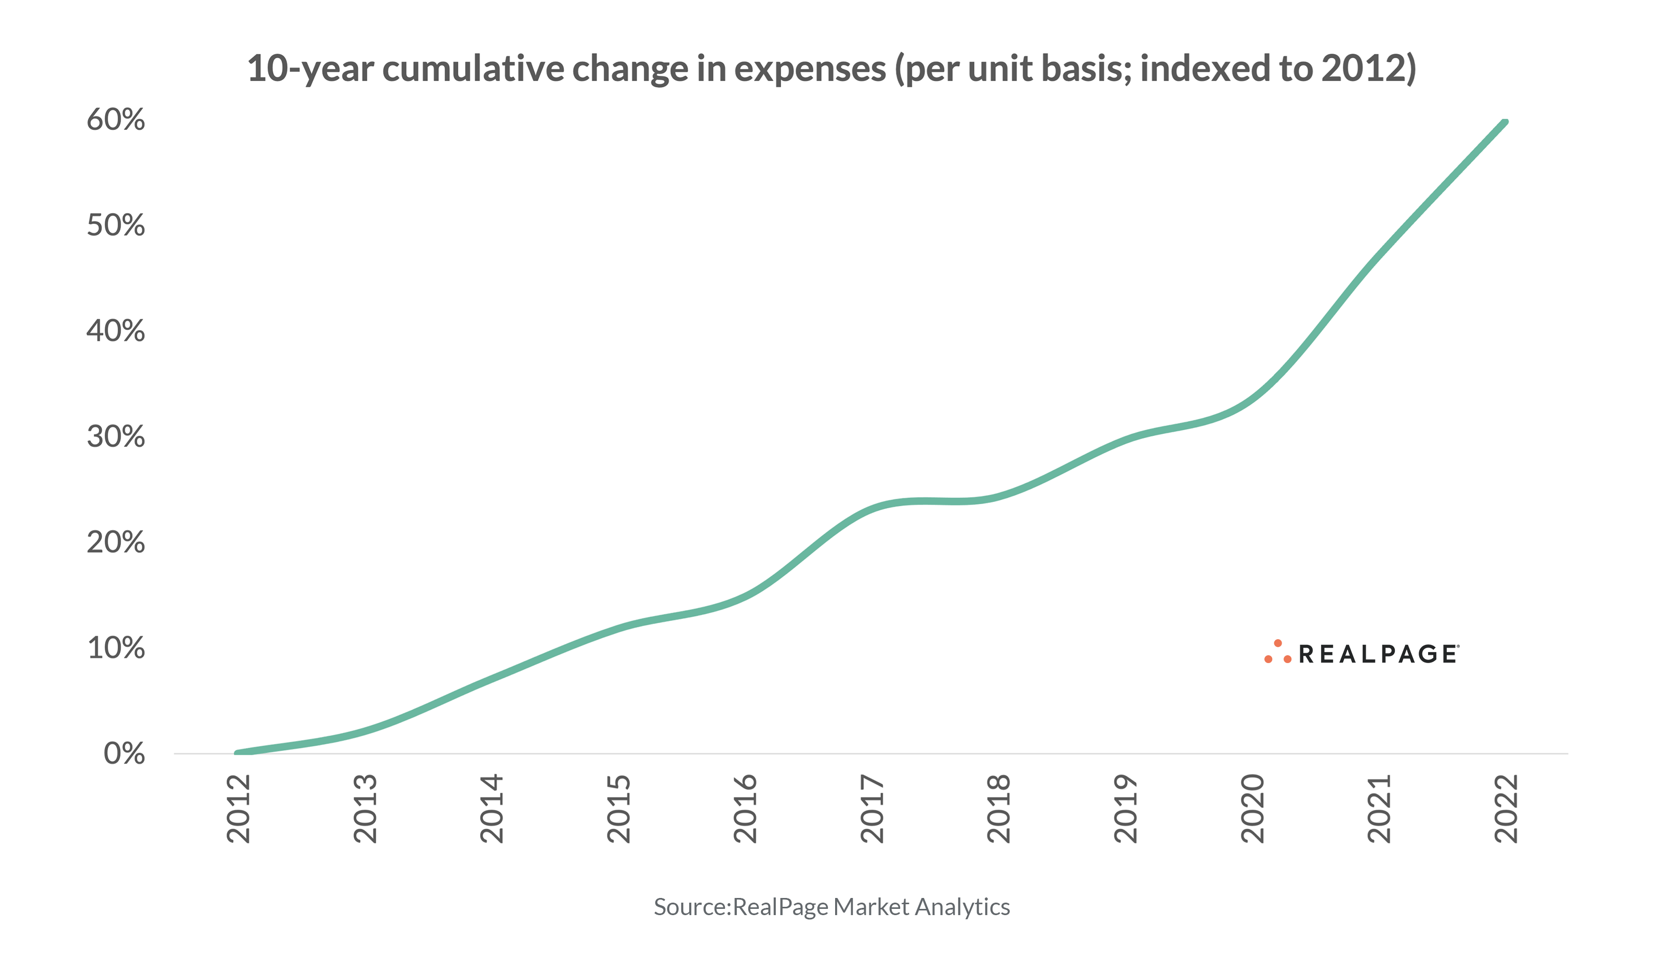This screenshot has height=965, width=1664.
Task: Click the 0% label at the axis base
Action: pyautogui.click(x=124, y=754)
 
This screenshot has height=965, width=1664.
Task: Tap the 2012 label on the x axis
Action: pyautogui.click(x=239, y=809)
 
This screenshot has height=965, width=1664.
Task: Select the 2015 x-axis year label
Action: pyautogui.click(x=619, y=809)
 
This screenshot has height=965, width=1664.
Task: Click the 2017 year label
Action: pyautogui.click(x=873, y=809)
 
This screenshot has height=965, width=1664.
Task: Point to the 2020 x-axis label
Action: pyautogui.click(x=1252, y=809)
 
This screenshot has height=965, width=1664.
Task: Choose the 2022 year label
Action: pyautogui.click(x=1506, y=809)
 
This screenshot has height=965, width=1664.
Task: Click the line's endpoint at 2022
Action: pyautogui.click(x=1505, y=122)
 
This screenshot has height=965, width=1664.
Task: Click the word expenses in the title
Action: pyautogui.click(x=810, y=69)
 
